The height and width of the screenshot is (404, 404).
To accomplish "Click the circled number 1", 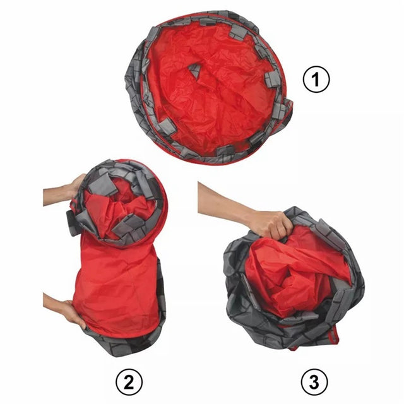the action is (x=316, y=80).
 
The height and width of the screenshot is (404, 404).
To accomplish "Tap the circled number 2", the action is (x=129, y=381).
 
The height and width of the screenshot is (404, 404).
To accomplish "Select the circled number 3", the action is (x=314, y=381).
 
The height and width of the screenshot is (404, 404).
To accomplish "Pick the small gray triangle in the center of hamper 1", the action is (x=195, y=70).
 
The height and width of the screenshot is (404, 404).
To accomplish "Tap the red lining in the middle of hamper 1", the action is (x=211, y=93).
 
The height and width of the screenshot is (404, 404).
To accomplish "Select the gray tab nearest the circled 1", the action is (x=273, y=79).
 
